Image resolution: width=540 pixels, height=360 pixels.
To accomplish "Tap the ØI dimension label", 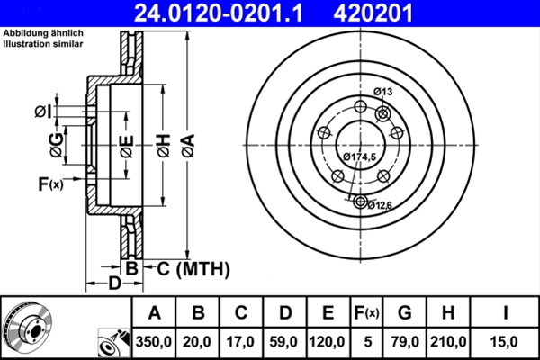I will pyautogui.click(x=42, y=111).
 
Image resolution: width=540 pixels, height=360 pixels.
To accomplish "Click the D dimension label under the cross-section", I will pyautogui.click(x=114, y=284).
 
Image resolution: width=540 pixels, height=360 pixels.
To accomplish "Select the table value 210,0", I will pyautogui.click(x=449, y=340).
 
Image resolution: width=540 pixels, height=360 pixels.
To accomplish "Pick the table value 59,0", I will pyautogui.click(x=284, y=340).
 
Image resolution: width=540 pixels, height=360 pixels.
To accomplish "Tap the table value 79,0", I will pyautogui.click(x=405, y=340).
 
